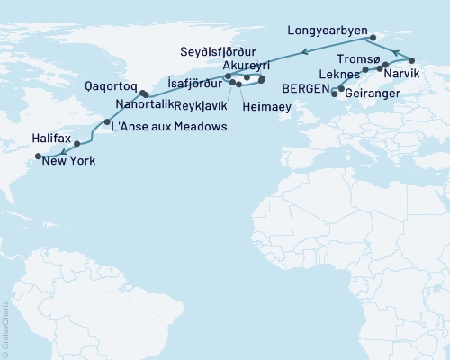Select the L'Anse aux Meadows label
pyautogui.click(x=167, y=126)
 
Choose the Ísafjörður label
pyautogui.click(x=191, y=80)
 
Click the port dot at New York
pyautogui.click(x=39, y=156)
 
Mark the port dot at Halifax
pyautogui.click(x=77, y=143)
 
